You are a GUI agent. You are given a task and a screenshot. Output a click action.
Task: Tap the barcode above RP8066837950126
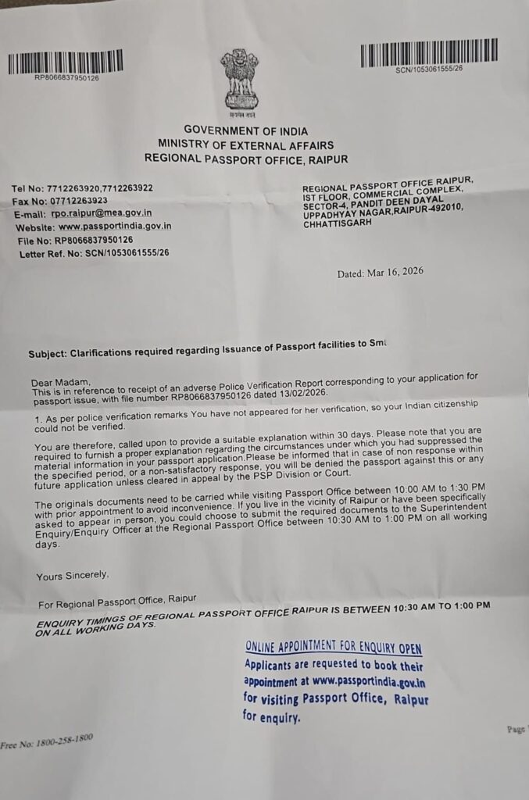65,62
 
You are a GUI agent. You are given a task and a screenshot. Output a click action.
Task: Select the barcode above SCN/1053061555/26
416,55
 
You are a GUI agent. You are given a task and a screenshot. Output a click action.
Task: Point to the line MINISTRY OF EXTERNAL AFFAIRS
245,145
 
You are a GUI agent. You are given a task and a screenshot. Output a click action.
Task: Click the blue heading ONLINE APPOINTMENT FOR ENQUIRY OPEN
334,648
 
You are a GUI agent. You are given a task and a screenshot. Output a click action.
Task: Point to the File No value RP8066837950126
92,240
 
